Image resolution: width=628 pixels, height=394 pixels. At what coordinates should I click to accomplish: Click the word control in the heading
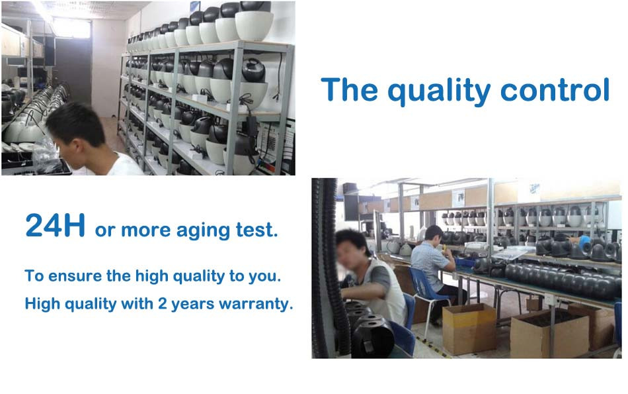pos(555,89)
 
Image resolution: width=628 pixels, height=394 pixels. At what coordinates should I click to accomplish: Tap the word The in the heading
pos(349,89)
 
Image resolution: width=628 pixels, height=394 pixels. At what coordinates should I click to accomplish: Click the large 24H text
pos(56,225)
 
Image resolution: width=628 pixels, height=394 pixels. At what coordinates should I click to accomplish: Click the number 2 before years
pos(162,303)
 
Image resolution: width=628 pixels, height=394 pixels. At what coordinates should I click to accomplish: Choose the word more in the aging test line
pos(145,230)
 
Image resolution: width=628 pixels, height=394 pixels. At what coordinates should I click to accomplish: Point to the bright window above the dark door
pos(71,27)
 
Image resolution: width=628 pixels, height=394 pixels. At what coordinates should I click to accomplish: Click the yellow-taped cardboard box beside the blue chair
pos(469,328)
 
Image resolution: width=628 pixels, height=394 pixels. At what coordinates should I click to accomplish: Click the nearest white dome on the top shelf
pos(255,26)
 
